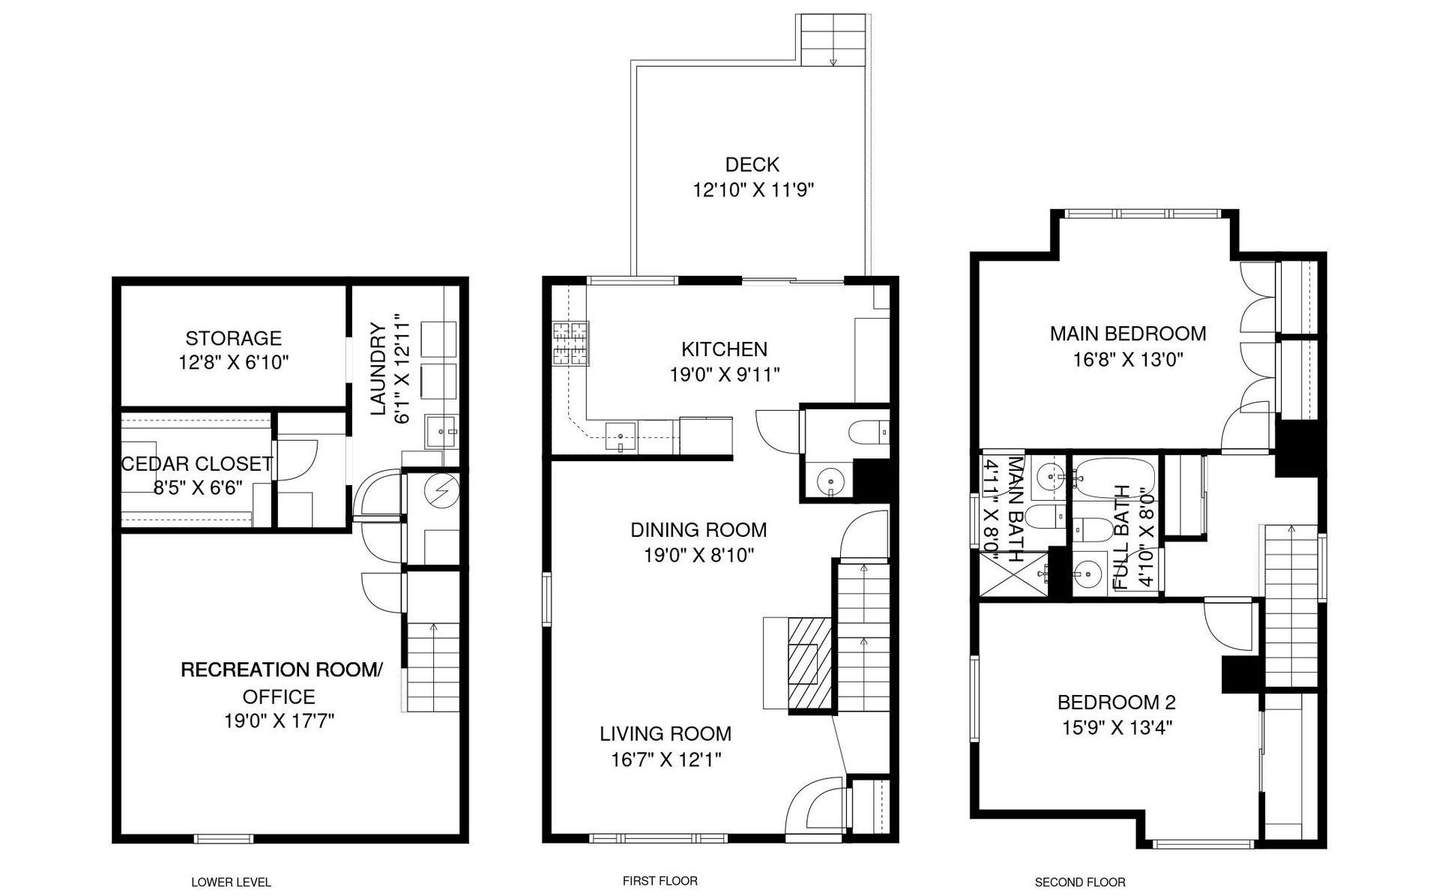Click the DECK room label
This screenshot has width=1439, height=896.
[x=752, y=165]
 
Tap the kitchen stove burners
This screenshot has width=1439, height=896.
[x=571, y=343]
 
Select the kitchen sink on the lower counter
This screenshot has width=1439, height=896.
[x=621, y=434]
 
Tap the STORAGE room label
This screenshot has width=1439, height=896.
[x=234, y=338]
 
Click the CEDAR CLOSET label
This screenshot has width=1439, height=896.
[x=197, y=464]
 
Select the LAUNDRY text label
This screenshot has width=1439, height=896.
[x=378, y=369]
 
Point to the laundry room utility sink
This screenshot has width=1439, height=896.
[x=441, y=431]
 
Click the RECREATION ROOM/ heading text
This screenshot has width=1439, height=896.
[x=281, y=670]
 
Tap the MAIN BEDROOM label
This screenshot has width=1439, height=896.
[x=1128, y=334]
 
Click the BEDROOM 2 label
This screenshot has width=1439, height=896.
[x=1116, y=703]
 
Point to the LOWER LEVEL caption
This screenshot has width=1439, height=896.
[x=231, y=883]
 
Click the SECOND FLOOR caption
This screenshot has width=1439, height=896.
[x=1080, y=883]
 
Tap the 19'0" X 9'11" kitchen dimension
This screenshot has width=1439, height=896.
[x=725, y=375]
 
